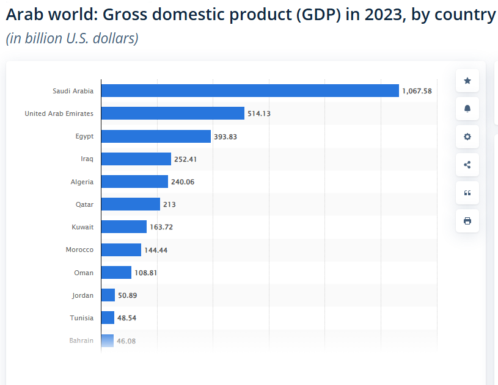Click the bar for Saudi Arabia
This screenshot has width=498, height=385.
point(249,91)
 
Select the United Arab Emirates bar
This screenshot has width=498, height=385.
point(172,113)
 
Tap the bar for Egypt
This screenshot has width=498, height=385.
point(156,137)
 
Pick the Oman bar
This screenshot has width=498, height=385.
point(116,273)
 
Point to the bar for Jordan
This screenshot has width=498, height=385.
point(108,295)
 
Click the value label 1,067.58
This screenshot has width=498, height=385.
point(417,91)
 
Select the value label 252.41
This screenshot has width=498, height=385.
point(186,159)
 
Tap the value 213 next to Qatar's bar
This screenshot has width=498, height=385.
point(169,204)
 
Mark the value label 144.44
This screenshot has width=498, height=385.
point(156,250)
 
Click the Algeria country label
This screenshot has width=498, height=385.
point(82,182)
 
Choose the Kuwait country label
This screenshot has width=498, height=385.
point(82,227)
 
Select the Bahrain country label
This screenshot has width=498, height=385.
point(81,340)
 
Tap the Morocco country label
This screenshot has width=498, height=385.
point(79,250)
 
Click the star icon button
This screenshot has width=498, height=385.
point(467,81)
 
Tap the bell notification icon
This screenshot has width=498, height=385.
point(467,109)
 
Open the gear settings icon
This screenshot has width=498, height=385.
point(467,137)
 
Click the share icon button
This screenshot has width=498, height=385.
point(467,165)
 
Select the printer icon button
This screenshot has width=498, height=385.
point(467,221)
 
